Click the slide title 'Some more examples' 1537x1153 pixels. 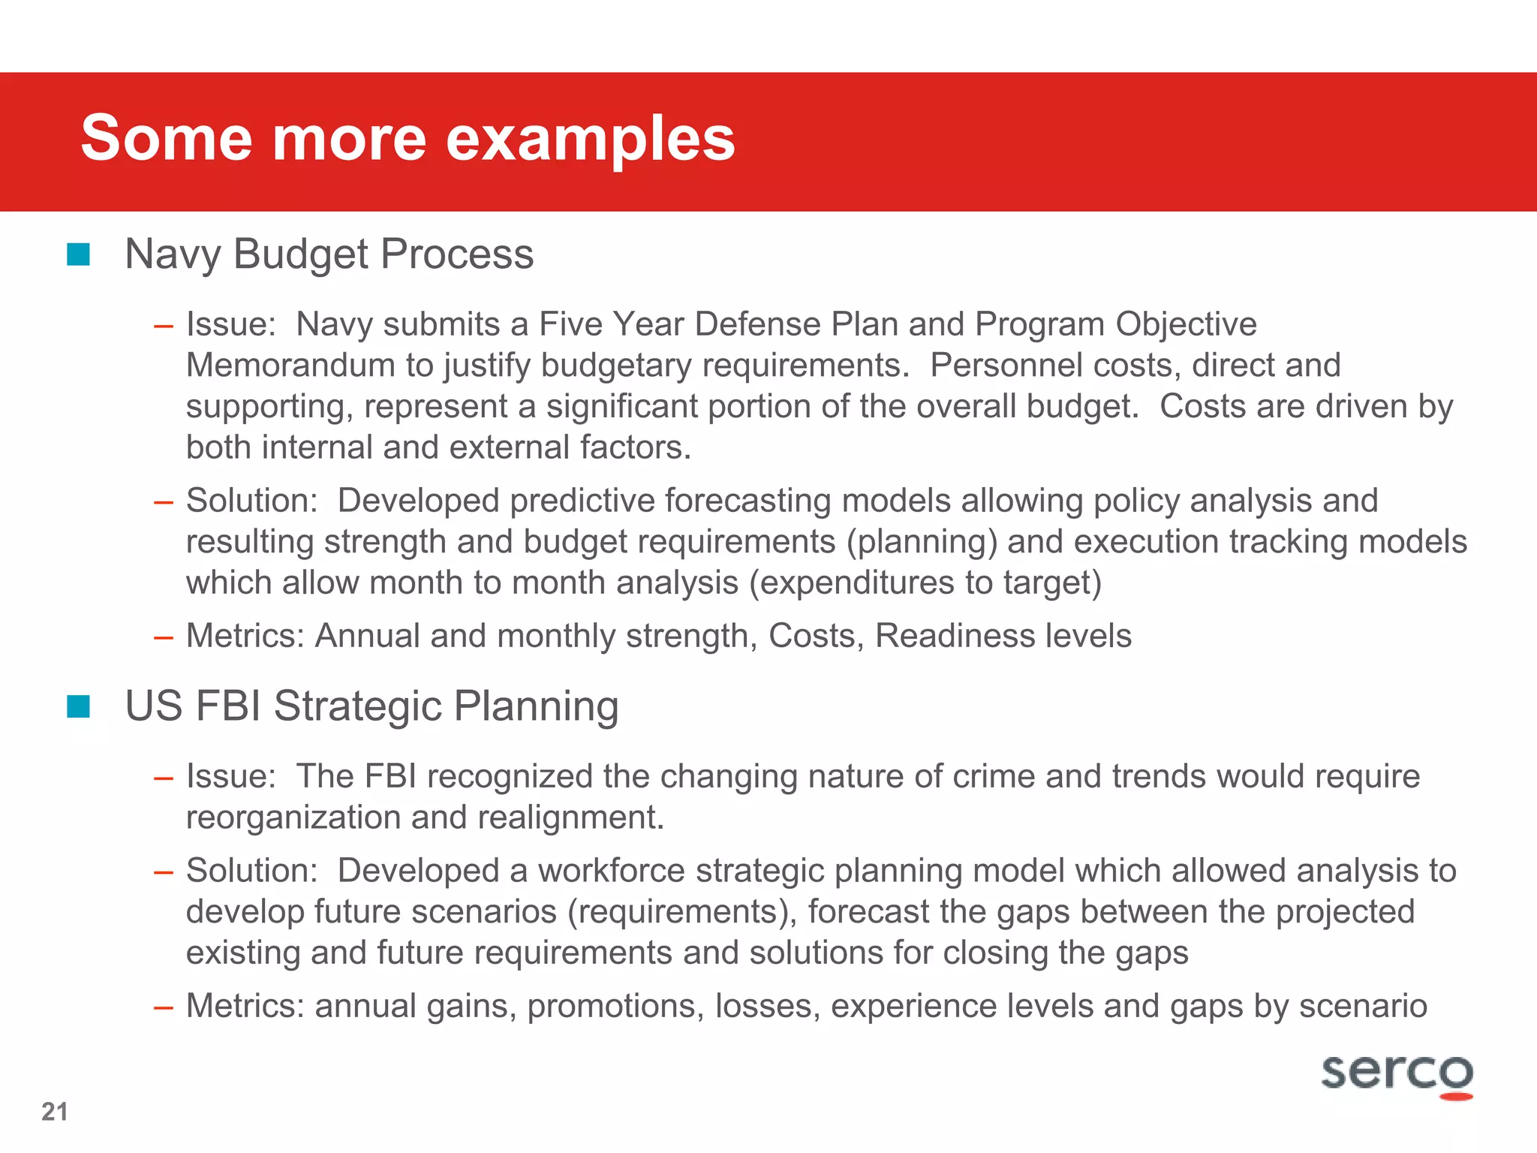coord(408,138)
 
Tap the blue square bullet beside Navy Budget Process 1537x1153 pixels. coord(78,254)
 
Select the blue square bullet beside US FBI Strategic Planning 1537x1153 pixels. coord(78,706)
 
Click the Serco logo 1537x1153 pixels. coord(1397,1075)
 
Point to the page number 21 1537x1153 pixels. coord(55,1112)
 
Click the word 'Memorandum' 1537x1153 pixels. coord(290,366)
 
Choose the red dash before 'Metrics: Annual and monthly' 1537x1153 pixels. coord(164,637)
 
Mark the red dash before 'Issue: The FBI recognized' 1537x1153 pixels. coord(164,778)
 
